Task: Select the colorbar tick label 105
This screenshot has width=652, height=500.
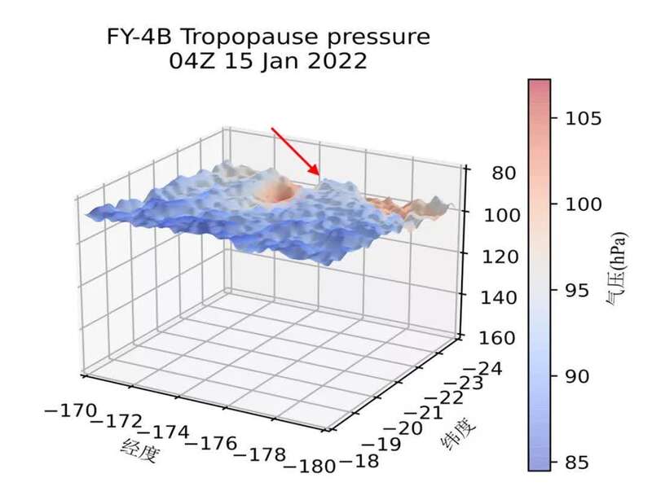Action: pyautogui.click(x=583, y=119)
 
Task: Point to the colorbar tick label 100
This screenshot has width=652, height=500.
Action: pyautogui.click(x=583, y=205)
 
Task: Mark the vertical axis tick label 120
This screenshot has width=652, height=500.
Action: pyautogui.click(x=495, y=257)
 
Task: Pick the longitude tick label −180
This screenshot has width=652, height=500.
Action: pyautogui.click(x=311, y=467)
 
